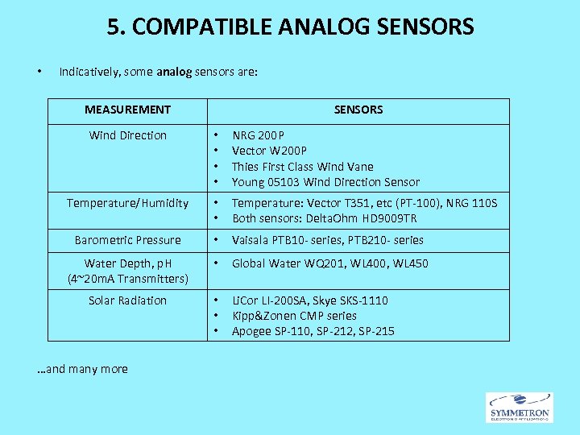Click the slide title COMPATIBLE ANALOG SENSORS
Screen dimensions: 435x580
[290, 27]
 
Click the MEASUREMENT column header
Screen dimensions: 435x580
[127, 110]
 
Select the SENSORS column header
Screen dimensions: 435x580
[358, 110]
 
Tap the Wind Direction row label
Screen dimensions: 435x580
[128, 135]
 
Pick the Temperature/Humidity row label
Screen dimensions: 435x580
[128, 203]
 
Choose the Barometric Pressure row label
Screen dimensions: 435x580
[128, 240]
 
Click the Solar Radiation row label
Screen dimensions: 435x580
[128, 300]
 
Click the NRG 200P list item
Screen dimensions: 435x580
[258, 135]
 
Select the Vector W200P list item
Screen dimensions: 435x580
[269, 151]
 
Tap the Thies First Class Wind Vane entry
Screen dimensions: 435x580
[302, 167]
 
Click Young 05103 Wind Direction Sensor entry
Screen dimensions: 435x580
[325, 182]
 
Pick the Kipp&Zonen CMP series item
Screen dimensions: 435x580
[294, 316]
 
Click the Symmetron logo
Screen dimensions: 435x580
[520, 407]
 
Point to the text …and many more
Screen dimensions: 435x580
[83, 369]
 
